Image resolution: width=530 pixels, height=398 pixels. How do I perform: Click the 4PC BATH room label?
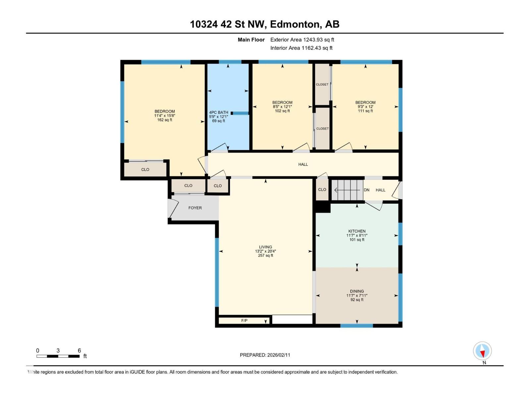click(x=219, y=112)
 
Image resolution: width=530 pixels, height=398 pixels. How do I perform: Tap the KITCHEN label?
click(x=357, y=231)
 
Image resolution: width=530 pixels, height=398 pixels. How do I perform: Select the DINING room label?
click(x=357, y=291)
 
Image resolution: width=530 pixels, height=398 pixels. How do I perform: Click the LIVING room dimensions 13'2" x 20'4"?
click(x=265, y=251)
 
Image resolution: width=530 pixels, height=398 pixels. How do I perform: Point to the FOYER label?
click(x=195, y=208)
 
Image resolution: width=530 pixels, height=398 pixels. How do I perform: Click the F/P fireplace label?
click(x=244, y=320)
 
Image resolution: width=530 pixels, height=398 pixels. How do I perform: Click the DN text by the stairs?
click(x=366, y=190)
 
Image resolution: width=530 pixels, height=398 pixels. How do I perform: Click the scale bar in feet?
click(x=58, y=356)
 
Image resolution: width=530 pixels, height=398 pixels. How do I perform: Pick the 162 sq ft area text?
click(x=165, y=120)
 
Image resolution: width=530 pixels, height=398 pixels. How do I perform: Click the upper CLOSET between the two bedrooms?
click(x=322, y=85)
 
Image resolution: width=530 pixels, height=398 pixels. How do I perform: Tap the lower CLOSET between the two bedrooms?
click(x=322, y=129)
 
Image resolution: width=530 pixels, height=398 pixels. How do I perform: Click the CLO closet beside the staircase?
click(x=322, y=190)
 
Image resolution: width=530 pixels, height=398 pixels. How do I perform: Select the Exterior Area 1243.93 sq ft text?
click(x=302, y=40)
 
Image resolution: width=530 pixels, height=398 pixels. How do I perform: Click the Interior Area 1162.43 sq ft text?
click(x=301, y=48)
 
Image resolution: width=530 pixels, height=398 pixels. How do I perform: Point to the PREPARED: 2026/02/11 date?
click(x=265, y=355)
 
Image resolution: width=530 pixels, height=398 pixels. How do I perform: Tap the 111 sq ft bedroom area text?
click(x=365, y=111)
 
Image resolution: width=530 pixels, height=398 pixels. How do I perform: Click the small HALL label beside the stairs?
click(x=380, y=190)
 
